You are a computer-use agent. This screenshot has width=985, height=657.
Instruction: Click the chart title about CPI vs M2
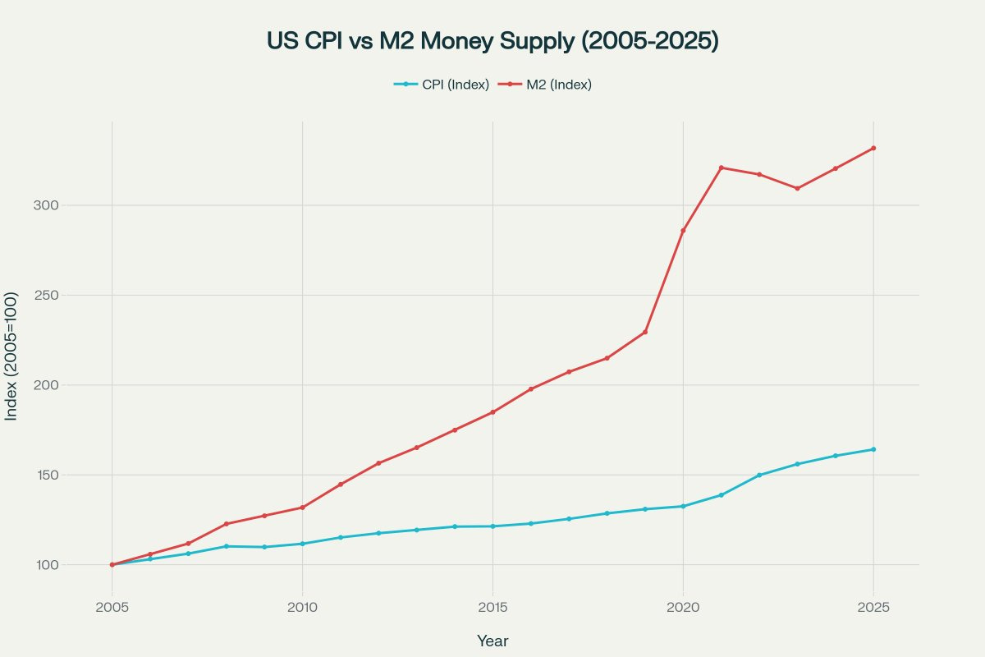click(492, 41)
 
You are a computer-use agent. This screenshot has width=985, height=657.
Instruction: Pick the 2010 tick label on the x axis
click(302, 607)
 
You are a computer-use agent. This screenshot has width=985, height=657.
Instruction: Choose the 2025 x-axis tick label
click(873, 607)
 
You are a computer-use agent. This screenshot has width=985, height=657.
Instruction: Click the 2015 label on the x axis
click(492, 607)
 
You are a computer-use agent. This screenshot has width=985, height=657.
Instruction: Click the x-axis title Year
click(492, 641)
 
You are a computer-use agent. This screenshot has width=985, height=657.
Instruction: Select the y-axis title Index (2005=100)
click(11, 356)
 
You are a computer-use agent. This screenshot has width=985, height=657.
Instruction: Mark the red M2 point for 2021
click(722, 168)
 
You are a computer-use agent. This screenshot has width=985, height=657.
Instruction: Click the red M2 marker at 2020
click(683, 231)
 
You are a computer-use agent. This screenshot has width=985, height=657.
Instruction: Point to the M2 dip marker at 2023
click(797, 188)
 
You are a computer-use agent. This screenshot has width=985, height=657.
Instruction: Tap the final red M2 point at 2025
click(873, 148)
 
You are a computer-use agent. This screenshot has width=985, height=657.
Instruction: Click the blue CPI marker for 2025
click(873, 449)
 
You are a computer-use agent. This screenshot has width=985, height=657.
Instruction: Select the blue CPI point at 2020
click(683, 506)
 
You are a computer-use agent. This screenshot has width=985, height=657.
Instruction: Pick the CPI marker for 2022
click(759, 475)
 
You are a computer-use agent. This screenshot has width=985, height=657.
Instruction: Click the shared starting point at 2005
click(112, 564)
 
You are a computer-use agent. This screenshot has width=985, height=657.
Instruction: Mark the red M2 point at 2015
click(492, 412)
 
